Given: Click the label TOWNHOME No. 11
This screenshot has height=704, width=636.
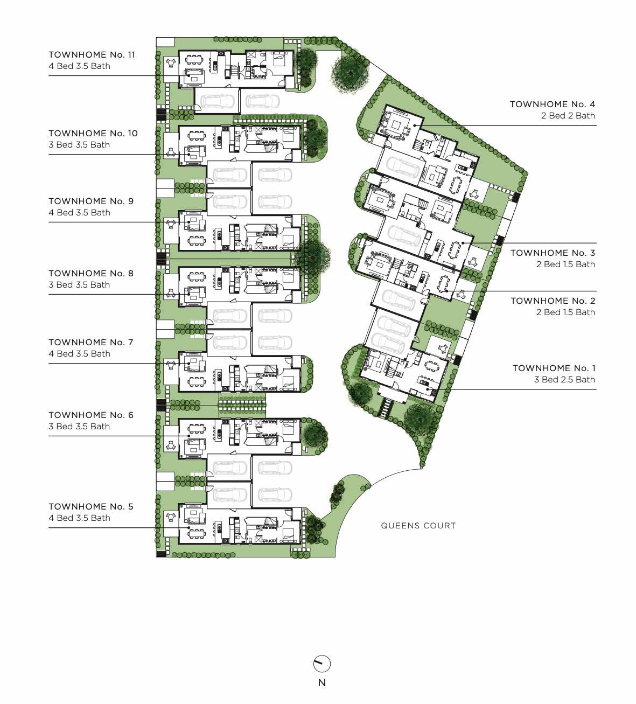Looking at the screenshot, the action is [x=92, y=55].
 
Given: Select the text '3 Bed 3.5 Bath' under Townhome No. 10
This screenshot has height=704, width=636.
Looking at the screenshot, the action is [x=79, y=144].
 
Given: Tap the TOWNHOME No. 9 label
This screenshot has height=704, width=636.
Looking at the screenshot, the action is [x=91, y=201].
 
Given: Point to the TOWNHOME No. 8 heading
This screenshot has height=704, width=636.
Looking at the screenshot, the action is [x=91, y=274].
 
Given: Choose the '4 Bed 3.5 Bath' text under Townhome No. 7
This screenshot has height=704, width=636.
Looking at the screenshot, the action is [x=79, y=354].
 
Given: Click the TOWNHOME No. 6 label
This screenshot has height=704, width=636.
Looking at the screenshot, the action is [x=91, y=415].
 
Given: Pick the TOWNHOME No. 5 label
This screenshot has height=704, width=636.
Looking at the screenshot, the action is [x=91, y=506].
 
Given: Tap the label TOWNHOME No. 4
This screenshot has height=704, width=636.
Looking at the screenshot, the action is [x=553, y=104].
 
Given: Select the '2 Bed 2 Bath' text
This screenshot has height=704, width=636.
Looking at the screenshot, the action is [x=568, y=115].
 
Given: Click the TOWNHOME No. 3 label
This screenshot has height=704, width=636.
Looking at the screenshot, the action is [x=553, y=253].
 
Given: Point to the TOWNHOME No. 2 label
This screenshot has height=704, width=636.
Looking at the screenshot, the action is [x=553, y=301].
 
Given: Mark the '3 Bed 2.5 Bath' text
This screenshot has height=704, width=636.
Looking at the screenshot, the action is [x=564, y=379].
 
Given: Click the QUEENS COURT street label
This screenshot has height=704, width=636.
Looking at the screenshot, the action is [x=418, y=526].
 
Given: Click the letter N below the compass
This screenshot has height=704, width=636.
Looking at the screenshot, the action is [x=322, y=683].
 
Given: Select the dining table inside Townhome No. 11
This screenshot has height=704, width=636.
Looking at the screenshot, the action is [x=195, y=59].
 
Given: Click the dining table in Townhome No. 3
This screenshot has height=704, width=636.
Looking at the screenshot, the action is [x=455, y=250].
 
